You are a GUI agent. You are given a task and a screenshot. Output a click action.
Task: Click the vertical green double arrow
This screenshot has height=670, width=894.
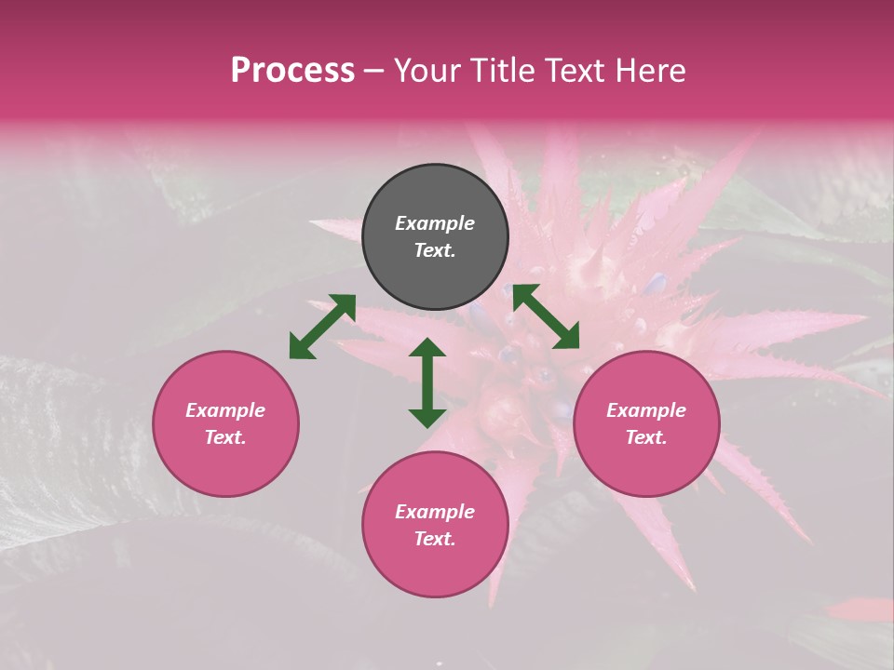(427, 382)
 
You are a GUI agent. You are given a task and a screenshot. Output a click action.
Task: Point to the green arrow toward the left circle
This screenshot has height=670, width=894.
(322, 327)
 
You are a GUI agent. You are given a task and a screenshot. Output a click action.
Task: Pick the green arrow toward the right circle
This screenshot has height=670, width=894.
(546, 316)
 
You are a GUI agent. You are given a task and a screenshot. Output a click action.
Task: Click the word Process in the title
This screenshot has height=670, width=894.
(292, 71)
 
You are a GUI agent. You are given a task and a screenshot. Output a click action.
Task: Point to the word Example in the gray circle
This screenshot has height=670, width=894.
(435, 223)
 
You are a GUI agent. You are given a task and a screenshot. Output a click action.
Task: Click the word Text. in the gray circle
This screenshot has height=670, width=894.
(435, 250)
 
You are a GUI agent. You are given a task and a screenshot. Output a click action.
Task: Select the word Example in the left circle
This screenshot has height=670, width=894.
(225, 410)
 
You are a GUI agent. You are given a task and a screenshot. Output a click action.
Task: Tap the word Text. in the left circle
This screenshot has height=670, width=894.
(225, 437)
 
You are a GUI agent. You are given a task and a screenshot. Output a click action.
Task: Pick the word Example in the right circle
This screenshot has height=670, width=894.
(646, 410)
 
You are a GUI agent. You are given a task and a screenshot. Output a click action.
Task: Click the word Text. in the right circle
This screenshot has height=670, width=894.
(646, 437)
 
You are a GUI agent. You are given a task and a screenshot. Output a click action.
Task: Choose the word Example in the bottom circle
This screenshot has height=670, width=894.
(435, 512)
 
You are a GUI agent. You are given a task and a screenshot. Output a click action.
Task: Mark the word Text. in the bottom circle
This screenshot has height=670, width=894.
(435, 539)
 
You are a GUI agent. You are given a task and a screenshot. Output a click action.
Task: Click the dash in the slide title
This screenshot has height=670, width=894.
(374, 72)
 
